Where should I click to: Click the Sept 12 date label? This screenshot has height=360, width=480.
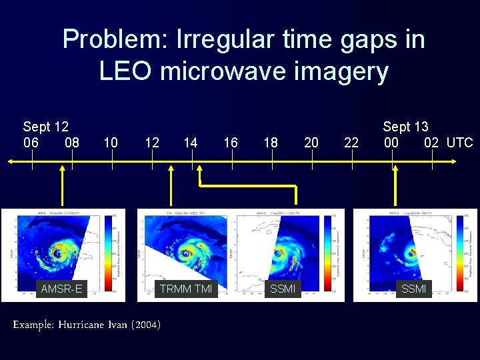[x=45, y=127]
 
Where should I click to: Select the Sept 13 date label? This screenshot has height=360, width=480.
[x=405, y=127]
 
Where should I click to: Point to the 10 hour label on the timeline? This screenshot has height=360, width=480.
[x=111, y=143]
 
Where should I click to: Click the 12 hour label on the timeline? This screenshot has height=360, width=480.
[x=151, y=143]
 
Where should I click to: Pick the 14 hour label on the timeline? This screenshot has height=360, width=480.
[x=191, y=143]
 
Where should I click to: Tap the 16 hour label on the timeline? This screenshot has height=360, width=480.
[x=231, y=143]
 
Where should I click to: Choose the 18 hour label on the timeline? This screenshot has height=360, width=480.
[x=271, y=143]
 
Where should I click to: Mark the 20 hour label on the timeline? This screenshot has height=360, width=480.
[x=311, y=143]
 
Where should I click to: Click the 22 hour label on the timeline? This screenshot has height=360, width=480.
[x=351, y=143]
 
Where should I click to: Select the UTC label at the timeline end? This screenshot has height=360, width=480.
[x=459, y=143]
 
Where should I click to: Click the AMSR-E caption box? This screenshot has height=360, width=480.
[x=61, y=289]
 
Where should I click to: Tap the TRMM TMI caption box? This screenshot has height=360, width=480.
[x=185, y=289]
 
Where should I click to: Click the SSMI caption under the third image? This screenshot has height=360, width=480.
[x=283, y=289]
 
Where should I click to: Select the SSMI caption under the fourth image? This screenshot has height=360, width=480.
[x=414, y=289]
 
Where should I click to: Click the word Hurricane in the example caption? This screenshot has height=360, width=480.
[x=80, y=325]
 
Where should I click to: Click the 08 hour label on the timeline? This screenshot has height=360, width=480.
[x=72, y=143]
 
